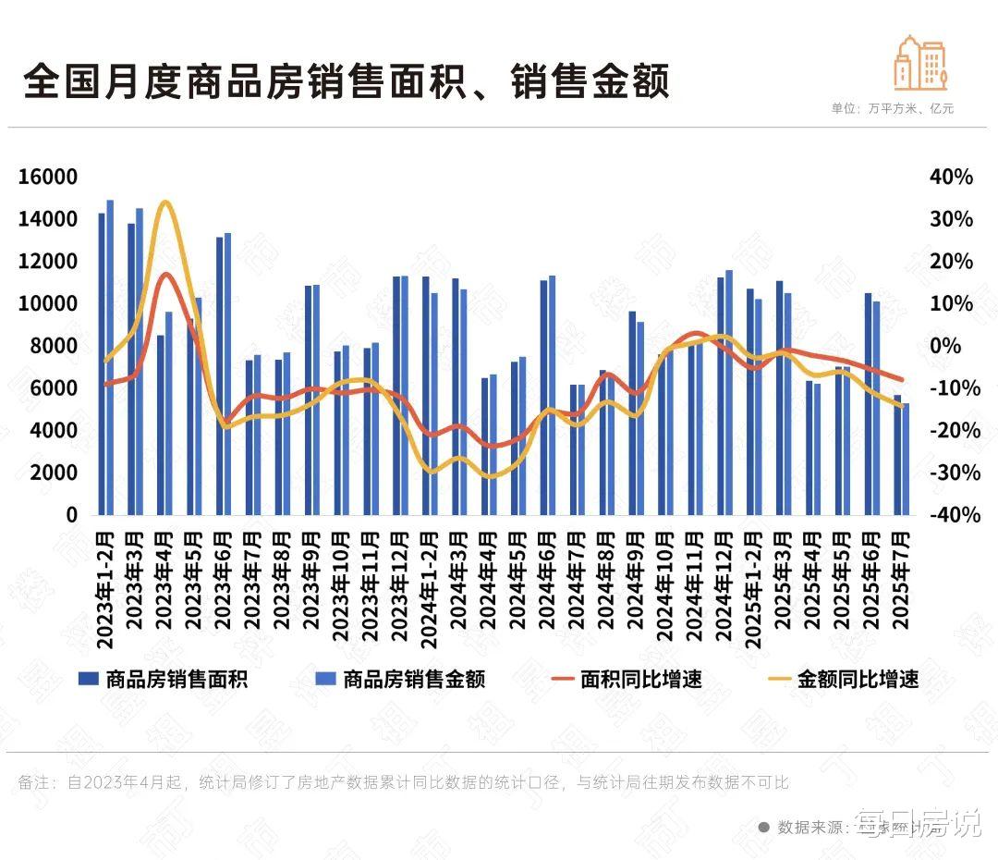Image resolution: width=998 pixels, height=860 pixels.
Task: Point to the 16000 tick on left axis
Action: (45, 178)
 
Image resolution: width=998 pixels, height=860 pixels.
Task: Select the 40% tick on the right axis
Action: (951, 178)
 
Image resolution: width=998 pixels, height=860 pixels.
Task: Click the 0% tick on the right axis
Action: (955, 347)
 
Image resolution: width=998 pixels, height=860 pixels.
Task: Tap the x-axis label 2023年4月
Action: (164, 577)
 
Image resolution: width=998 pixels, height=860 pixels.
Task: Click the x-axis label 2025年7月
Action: (901, 577)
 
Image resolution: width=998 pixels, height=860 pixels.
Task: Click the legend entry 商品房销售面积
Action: (176, 680)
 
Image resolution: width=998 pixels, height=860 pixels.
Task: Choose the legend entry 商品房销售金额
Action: (413, 680)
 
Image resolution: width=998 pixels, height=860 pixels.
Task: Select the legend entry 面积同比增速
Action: (640, 680)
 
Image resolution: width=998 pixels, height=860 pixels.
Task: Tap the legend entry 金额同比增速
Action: (858, 680)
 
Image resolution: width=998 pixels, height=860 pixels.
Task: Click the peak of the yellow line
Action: (164, 203)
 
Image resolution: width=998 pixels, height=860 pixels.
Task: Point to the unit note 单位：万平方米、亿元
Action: (892, 108)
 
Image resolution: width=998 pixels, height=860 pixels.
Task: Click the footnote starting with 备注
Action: (403, 782)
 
